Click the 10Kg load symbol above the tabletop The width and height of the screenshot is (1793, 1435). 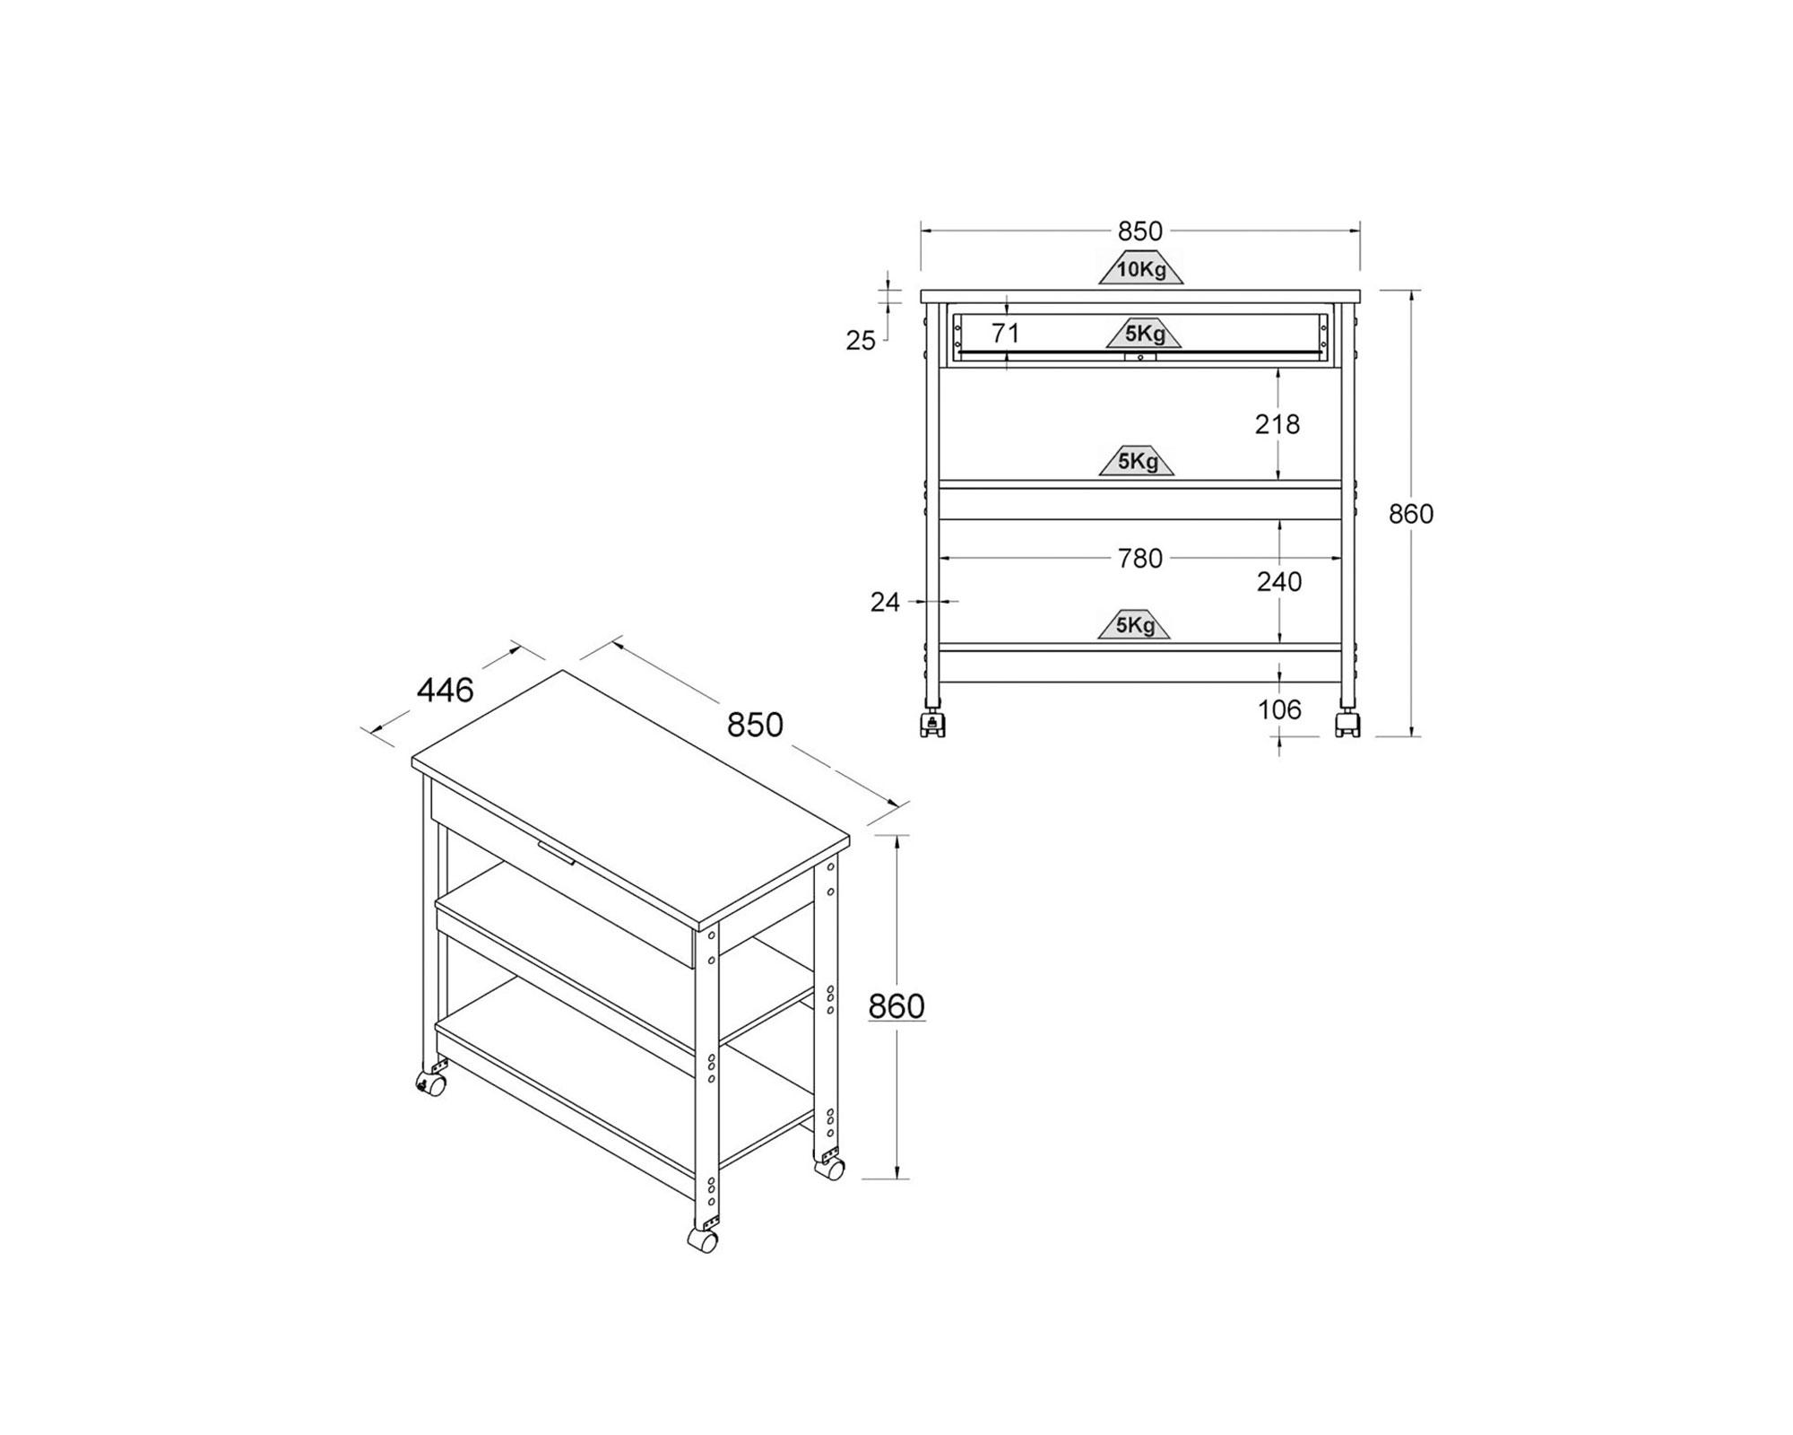tap(1141, 268)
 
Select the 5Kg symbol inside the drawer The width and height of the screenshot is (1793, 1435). tap(1144, 334)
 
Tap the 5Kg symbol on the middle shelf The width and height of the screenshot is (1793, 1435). tap(1137, 461)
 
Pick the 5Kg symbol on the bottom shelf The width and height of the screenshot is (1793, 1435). tap(1135, 624)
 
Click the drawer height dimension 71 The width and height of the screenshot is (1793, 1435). tap(1006, 333)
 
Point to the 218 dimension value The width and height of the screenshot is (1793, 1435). tap(1278, 423)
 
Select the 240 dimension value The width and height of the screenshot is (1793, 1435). tap(1279, 582)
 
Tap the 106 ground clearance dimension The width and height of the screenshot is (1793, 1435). tap(1279, 709)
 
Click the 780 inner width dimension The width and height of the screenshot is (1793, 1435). tap(1140, 559)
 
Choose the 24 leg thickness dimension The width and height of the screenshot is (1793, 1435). tap(885, 603)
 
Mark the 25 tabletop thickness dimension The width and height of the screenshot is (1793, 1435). tap(861, 341)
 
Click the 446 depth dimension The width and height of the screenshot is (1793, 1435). tap(446, 690)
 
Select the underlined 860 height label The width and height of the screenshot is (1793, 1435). tap(896, 1006)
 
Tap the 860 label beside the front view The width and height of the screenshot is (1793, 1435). tap(1411, 514)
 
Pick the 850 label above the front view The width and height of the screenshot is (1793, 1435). tap(1140, 231)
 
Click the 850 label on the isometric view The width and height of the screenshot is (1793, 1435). tap(755, 725)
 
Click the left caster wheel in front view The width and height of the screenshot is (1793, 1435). tap(932, 724)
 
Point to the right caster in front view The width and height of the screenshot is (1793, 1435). tap(1347, 724)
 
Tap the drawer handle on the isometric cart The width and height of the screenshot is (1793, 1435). tap(556, 852)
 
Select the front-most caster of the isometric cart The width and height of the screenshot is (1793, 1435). tap(703, 1240)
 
